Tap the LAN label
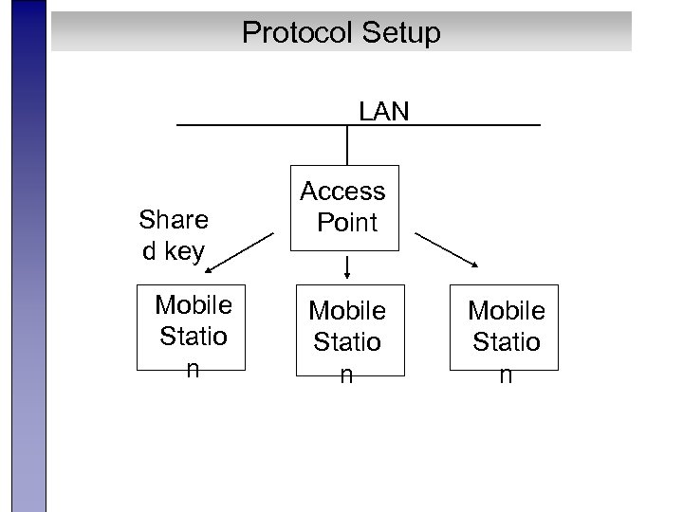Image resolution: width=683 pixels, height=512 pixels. [383, 112]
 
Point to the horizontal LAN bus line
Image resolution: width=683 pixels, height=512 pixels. [247, 125]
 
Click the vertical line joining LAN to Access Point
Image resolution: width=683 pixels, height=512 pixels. [348, 146]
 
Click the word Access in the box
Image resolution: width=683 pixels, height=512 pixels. [342, 192]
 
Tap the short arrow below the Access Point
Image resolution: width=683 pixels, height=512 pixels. [348, 266]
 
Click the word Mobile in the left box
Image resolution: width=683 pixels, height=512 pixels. [193, 305]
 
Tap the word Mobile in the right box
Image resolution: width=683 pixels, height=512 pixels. [507, 310]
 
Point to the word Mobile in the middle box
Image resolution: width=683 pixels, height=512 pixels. [348, 311]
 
